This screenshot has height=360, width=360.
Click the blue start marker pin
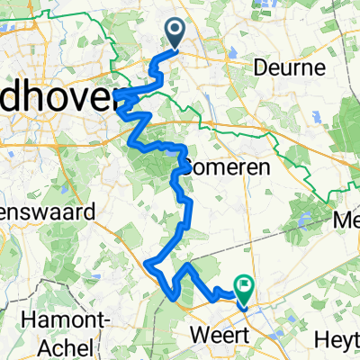coord(174,34)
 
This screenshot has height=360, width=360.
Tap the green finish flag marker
coord(245,287)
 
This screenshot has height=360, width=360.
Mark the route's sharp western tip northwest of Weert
coord(146,262)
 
